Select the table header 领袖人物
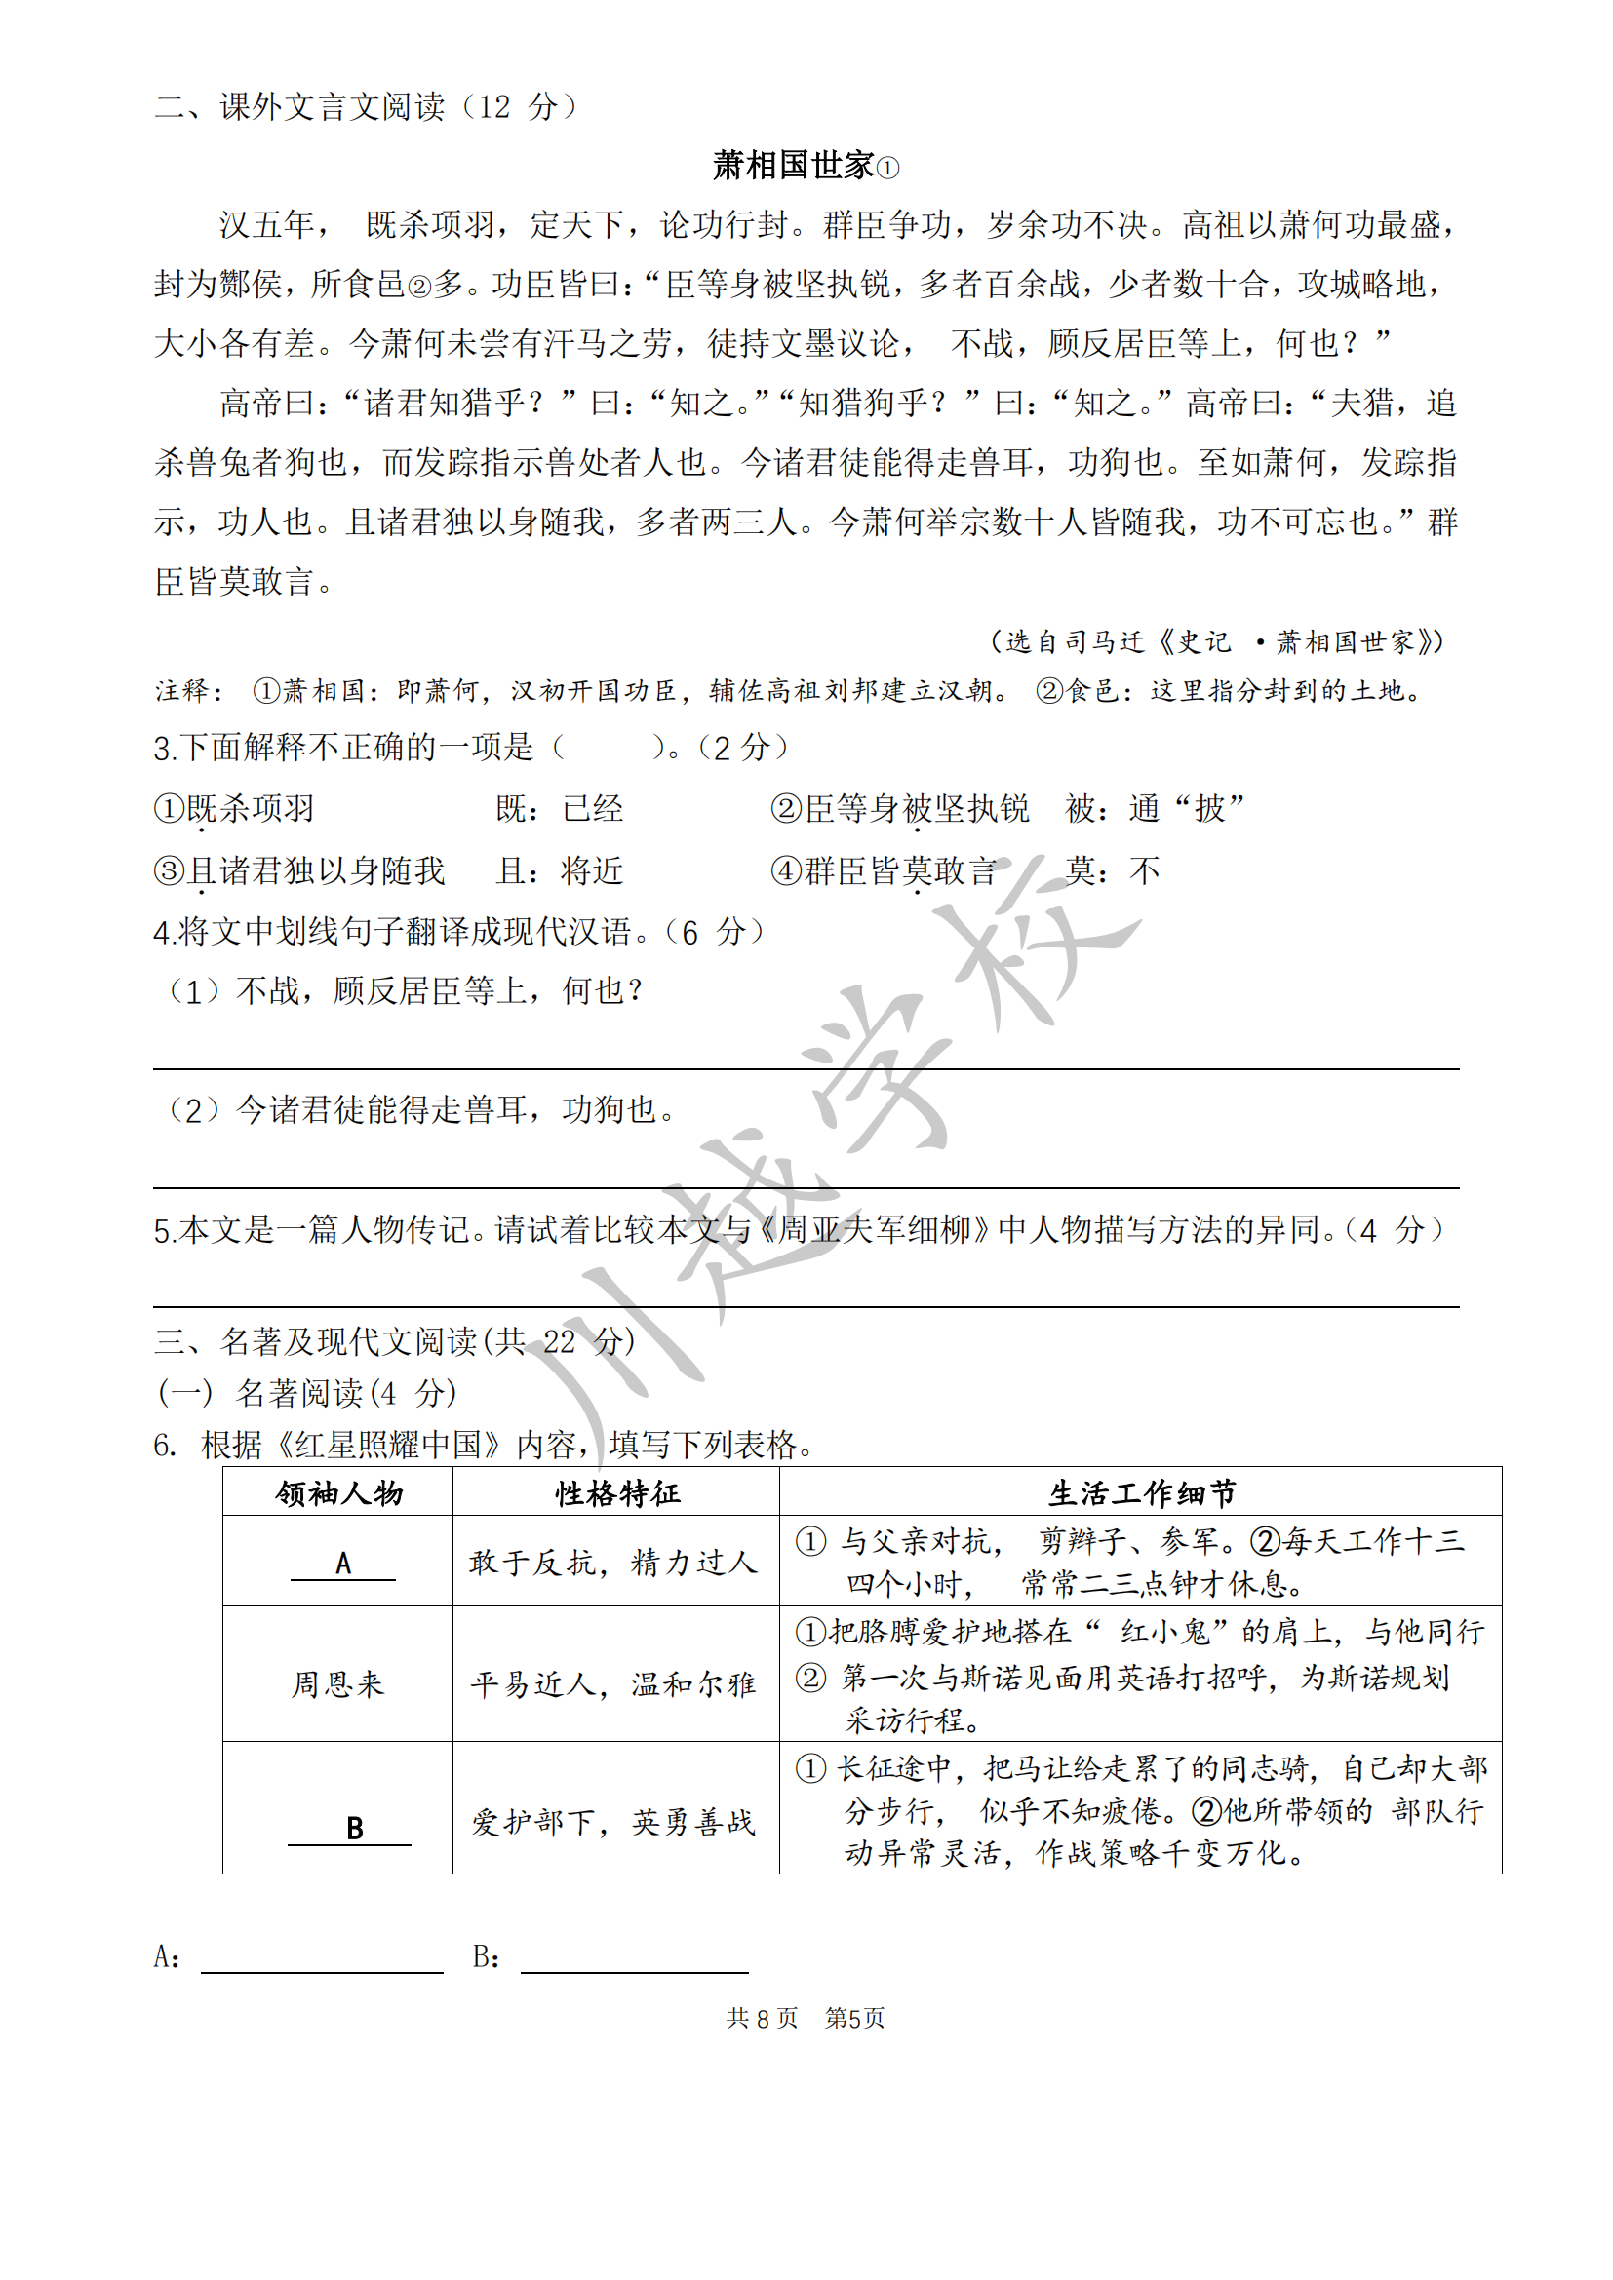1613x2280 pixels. [x=338, y=1493]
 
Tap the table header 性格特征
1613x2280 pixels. [x=616, y=1493]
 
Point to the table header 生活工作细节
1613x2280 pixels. [x=1141, y=1493]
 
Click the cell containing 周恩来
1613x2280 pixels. [x=337, y=1684]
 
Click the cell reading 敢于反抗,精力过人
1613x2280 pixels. [x=613, y=1563]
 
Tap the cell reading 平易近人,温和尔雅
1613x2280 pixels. [x=613, y=1684]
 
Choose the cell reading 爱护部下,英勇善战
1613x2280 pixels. [x=613, y=1822]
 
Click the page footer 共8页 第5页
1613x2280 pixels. [x=805, y=2018]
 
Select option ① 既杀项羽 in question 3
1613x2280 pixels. [x=235, y=808]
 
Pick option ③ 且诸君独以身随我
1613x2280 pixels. [x=299, y=870]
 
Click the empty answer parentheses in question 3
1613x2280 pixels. [x=608, y=747]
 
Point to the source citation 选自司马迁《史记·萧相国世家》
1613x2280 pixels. [x=1217, y=641]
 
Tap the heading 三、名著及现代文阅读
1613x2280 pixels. [x=394, y=1341]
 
